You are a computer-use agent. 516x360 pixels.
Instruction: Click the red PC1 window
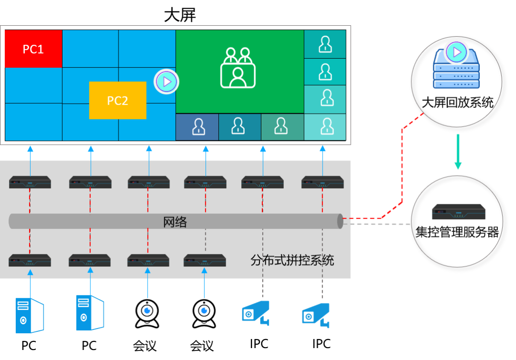(x=33, y=49)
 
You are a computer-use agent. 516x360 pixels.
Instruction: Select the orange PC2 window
(x=118, y=100)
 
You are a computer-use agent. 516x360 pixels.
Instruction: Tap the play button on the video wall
(x=166, y=82)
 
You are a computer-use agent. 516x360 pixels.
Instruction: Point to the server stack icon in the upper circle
(x=456, y=72)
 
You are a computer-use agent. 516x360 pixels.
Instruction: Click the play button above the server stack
(x=456, y=52)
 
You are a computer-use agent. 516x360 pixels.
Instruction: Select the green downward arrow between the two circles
(x=458, y=152)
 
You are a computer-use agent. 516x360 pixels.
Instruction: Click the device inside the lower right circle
(x=459, y=212)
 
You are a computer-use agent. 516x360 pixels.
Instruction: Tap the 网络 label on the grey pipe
(x=175, y=222)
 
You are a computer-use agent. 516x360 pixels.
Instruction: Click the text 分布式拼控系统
(x=292, y=261)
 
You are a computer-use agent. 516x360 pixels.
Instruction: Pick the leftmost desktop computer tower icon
(x=29, y=316)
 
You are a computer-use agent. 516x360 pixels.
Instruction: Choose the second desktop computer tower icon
(x=89, y=313)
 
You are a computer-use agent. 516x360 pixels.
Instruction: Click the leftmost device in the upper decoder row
(x=30, y=182)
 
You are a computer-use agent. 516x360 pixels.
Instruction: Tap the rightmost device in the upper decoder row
(x=322, y=182)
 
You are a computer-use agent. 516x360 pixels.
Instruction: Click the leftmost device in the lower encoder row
(x=30, y=260)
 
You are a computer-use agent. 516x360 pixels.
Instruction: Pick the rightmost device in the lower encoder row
(x=205, y=260)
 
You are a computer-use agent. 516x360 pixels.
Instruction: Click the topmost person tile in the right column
(x=325, y=44)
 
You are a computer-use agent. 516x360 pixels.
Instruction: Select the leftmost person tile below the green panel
(x=197, y=127)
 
